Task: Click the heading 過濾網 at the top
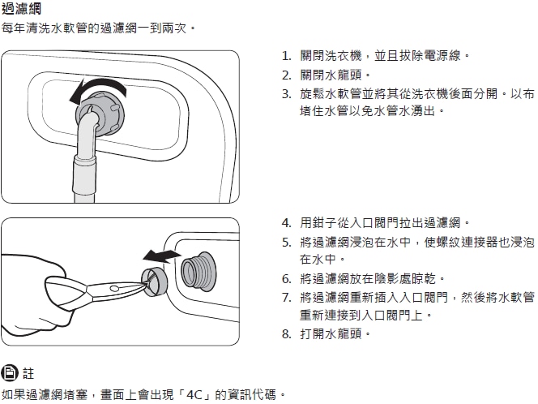coord(21,9)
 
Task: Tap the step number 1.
coord(286,56)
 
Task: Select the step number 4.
coord(287,223)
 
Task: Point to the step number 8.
coord(287,334)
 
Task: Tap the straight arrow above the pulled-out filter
coord(161,256)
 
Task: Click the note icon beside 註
coord(9,372)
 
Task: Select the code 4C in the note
coord(194,395)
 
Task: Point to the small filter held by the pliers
coord(155,281)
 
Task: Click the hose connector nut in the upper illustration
coord(101,114)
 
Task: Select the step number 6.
coord(287,279)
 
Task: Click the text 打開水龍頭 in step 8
coord(331,333)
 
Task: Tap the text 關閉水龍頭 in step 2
coord(331,75)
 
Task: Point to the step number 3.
coord(287,94)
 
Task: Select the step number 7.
coord(287,298)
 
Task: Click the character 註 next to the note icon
coord(28,373)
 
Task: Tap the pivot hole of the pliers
coord(114,288)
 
